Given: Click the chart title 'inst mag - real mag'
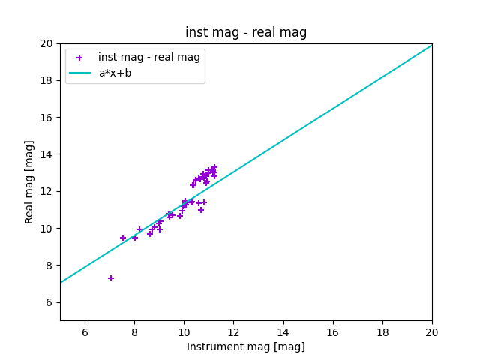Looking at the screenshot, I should pyautogui.click(x=246, y=32).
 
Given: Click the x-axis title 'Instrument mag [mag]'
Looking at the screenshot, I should pyautogui.click(x=246, y=346).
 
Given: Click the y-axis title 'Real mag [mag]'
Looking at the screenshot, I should pyautogui.click(x=30, y=181).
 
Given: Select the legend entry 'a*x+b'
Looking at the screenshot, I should pyautogui.click(x=115, y=73).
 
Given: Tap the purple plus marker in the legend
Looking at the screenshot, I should pyautogui.click(x=79, y=58).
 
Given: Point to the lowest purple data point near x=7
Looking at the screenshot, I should pyautogui.click(x=111, y=278).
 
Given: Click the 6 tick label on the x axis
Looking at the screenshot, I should pyautogui.click(x=85, y=332).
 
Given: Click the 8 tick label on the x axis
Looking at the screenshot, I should pyautogui.click(x=134, y=332).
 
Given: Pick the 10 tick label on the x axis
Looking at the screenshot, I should pyautogui.click(x=184, y=332).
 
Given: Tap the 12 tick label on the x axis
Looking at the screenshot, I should pyautogui.click(x=233, y=332).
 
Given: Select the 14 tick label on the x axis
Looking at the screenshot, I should pyautogui.click(x=283, y=332).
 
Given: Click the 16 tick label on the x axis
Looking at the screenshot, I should pyautogui.click(x=333, y=332).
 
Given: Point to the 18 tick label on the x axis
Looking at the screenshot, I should pyautogui.click(x=382, y=332).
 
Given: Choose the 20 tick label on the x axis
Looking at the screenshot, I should pyautogui.click(x=432, y=332).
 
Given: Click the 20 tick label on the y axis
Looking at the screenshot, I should pyautogui.click(x=47, y=43).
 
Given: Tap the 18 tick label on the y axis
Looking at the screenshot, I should pyautogui.click(x=47, y=80).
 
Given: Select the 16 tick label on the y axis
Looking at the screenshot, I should pyautogui.click(x=47, y=118).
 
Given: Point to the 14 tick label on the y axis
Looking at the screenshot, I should pyautogui.click(x=47, y=154).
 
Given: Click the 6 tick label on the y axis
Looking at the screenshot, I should pyautogui.click(x=50, y=302).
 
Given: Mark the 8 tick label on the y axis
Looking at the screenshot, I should pyautogui.click(x=50, y=265).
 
